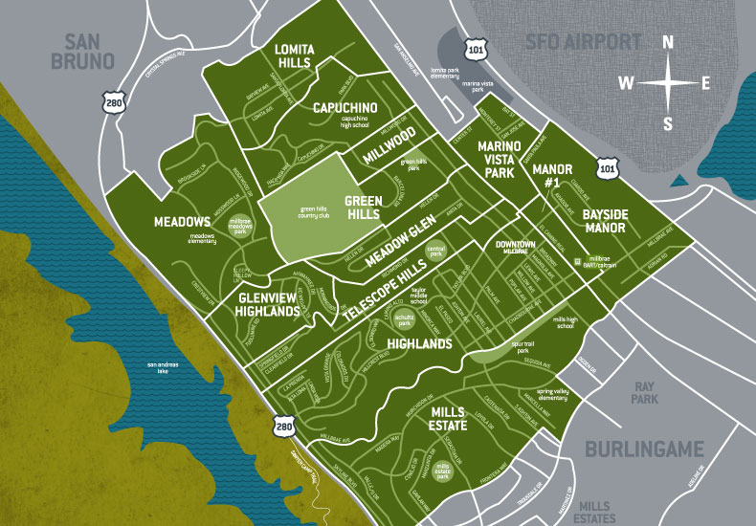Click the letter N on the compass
click(x=668, y=42)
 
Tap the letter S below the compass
click(x=668, y=123)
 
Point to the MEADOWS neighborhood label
click(x=182, y=222)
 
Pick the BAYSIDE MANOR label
click(x=605, y=222)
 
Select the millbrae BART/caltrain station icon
click(x=577, y=260)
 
